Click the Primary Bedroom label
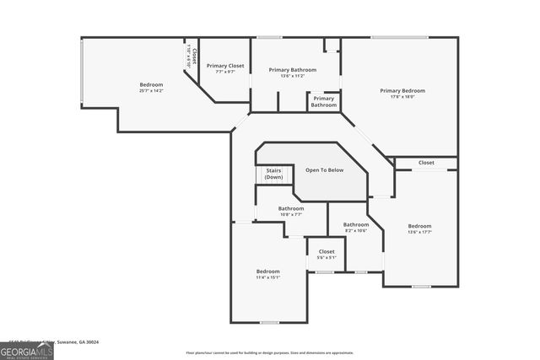tap(402, 90)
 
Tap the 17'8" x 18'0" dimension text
tap(402, 97)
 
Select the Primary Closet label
tap(224, 66)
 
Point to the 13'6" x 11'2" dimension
tap(292, 76)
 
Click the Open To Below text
tap(324, 170)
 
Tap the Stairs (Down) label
tap(273, 174)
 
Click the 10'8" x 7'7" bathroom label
tap(291, 211)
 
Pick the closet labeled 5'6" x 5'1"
tap(327, 254)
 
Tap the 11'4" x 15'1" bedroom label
tap(267, 274)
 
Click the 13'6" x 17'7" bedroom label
tap(419, 228)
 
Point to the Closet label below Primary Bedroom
tap(426, 163)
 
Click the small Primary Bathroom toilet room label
tap(323, 102)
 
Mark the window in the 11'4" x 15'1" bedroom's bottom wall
tap(269, 322)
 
